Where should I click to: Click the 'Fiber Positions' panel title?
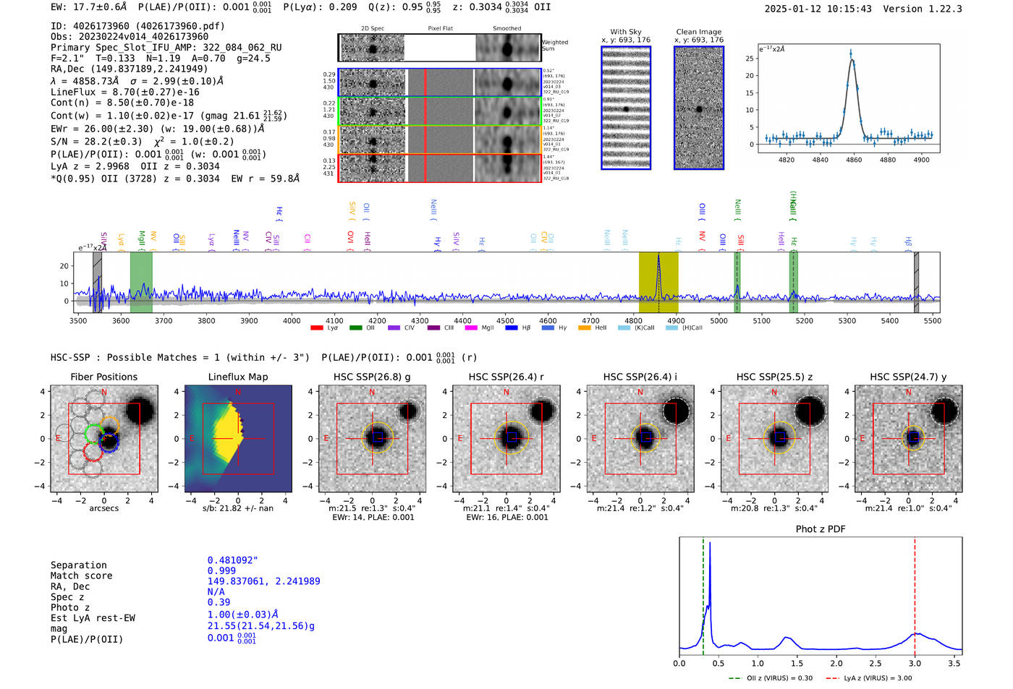tap(103, 377)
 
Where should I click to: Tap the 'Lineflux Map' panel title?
tap(238, 377)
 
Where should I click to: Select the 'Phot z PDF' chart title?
tap(821, 529)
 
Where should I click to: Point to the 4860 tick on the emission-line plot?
tap(854, 160)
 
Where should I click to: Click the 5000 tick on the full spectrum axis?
tap(719, 321)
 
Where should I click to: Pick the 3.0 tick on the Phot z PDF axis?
tap(915, 663)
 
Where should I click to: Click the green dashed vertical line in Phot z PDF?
tap(703, 593)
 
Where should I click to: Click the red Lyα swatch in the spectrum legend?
tap(316, 328)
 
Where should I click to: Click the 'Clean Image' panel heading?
tap(698, 32)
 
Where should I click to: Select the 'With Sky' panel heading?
tap(626, 32)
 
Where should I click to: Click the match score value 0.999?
tap(221, 571)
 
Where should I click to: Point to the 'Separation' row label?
tap(78, 565)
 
